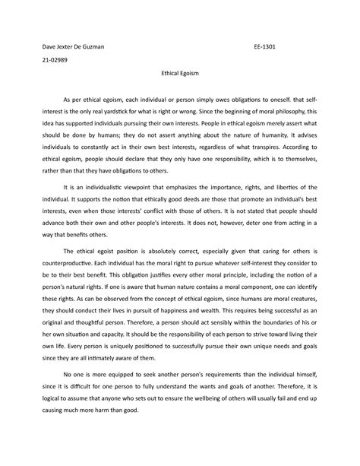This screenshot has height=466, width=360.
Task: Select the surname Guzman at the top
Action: (92, 45)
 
